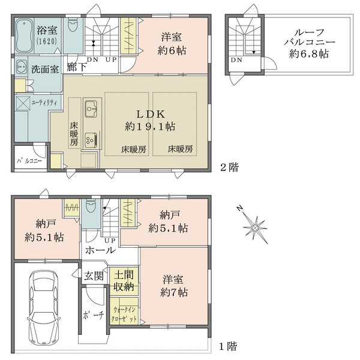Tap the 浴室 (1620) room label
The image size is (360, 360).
pyautogui.click(x=47, y=35)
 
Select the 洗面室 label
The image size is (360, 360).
pyautogui.click(x=45, y=68)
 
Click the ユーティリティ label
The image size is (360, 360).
pyautogui.click(x=44, y=103)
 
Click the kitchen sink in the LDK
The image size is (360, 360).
pyautogui.click(x=92, y=109)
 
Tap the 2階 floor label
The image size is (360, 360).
pyautogui.click(x=227, y=168)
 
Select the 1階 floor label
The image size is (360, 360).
pyautogui.click(x=227, y=346)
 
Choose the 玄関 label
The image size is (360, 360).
pyautogui.click(x=94, y=277)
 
